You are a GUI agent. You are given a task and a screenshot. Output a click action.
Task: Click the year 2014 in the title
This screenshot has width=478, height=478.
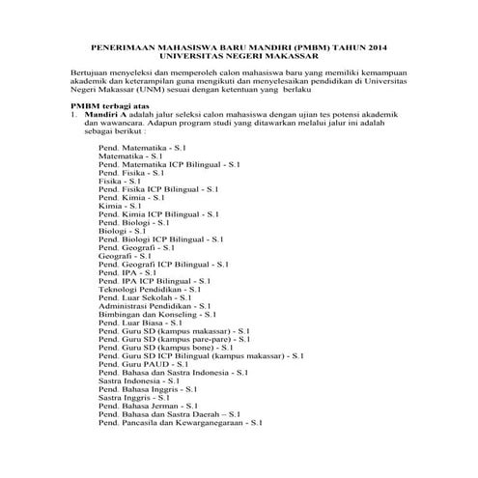point(380,45)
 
